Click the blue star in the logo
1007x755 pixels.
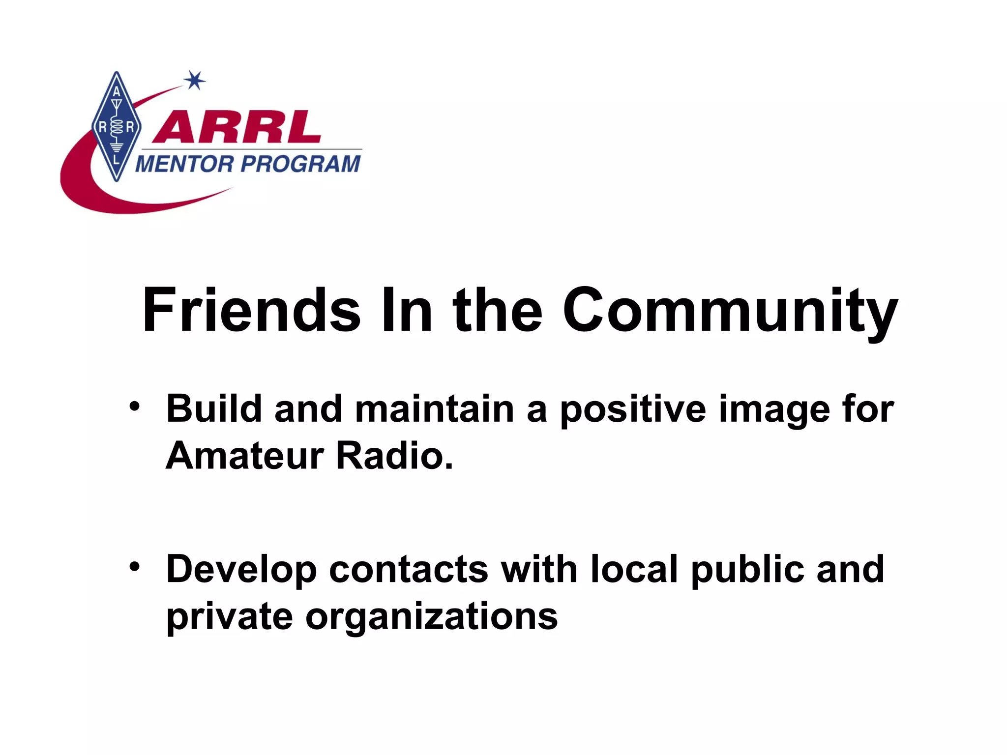tap(195, 81)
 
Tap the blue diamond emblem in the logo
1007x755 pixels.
tap(117, 126)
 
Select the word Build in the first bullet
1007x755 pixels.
tap(214, 408)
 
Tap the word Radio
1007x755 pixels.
tap(394, 456)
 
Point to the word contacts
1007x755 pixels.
tap(408, 569)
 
